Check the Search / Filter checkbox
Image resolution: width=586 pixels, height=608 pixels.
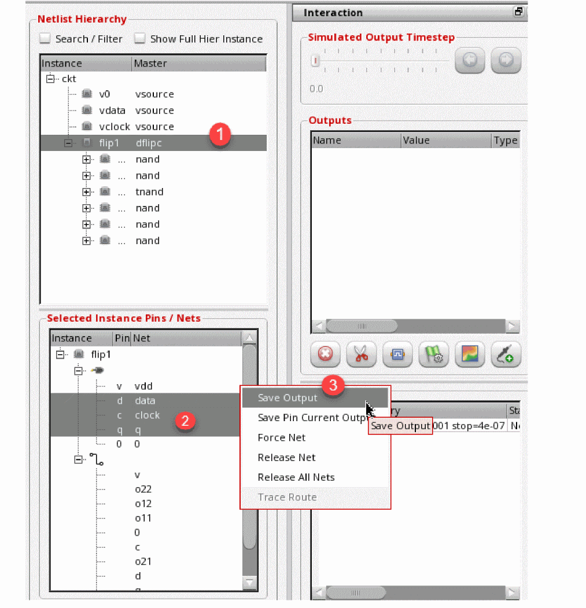pyautogui.click(x=45, y=39)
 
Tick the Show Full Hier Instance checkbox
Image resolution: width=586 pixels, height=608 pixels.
pyautogui.click(x=139, y=39)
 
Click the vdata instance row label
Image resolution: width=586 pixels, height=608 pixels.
pyautogui.click(x=112, y=110)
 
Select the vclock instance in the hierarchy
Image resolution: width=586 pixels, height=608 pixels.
pyautogui.click(x=115, y=127)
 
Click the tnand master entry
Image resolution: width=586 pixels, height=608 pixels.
pyautogui.click(x=149, y=192)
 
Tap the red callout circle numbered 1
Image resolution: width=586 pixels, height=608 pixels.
pyautogui.click(x=220, y=135)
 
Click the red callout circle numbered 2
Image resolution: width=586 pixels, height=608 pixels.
pyautogui.click(x=185, y=421)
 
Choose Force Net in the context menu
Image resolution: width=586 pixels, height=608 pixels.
pyautogui.click(x=282, y=438)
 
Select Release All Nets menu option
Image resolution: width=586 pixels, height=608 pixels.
pyautogui.click(x=296, y=477)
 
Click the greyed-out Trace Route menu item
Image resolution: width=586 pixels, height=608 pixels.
pyautogui.click(x=287, y=497)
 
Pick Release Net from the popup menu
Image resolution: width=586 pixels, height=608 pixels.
pyautogui.click(x=286, y=458)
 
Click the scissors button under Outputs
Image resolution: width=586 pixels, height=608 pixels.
pyautogui.click(x=362, y=354)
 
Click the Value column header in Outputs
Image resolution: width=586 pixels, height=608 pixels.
pyautogui.click(x=417, y=141)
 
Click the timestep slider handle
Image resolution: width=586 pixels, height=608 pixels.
pyautogui.click(x=315, y=61)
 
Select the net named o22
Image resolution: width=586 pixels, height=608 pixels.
pyautogui.click(x=143, y=489)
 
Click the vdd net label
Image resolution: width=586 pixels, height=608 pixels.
pyautogui.click(x=143, y=386)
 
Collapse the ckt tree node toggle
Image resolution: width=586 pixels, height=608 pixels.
pyautogui.click(x=50, y=78)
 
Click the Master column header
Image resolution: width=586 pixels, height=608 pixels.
pyautogui.click(x=150, y=64)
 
